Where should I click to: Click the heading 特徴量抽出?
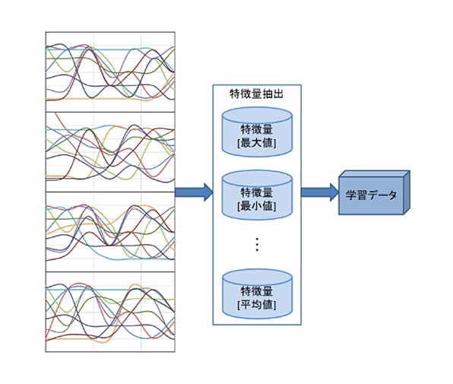pyautogui.click(x=257, y=94)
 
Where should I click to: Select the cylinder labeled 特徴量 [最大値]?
pyautogui.click(x=257, y=132)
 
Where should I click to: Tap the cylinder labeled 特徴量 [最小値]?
pyautogui.click(x=257, y=195)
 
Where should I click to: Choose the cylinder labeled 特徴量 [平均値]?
pyautogui.click(x=257, y=294)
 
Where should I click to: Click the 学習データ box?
pyautogui.click(x=374, y=192)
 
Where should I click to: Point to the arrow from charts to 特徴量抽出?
pyautogui.click(x=194, y=192)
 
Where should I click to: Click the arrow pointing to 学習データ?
pyautogui.click(x=320, y=192)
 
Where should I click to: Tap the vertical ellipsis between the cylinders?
pyautogui.click(x=257, y=245)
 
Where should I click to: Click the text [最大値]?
pyautogui.click(x=257, y=143)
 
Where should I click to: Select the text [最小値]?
pyautogui.click(x=257, y=206)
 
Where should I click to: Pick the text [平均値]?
pyautogui.click(x=257, y=305)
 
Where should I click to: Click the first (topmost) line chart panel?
pyautogui.click(x=110, y=72)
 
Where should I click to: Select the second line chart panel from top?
pyautogui.click(x=110, y=152)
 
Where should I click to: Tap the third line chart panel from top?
pyautogui.click(x=110, y=232)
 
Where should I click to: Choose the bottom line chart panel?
pyautogui.click(x=110, y=312)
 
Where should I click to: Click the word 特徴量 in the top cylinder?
pyautogui.click(x=257, y=129)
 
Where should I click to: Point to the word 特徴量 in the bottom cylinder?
pyautogui.click(x=257, y=291)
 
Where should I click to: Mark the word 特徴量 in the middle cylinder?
pyautogui.click(x=257, y=192)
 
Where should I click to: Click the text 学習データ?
pyautogui.click(x=371, y=195)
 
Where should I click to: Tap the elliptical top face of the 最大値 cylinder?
pyautogui.click(x=257, y=116)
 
